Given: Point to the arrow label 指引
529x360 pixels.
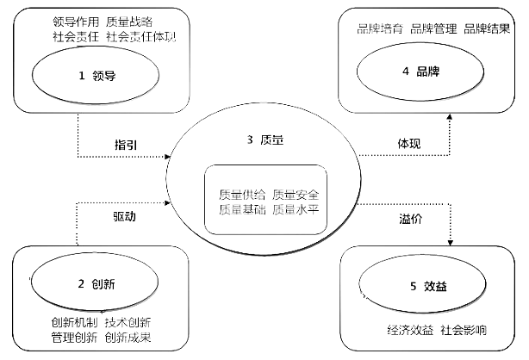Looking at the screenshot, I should [126, 141].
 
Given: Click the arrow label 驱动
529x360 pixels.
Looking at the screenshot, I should [124, 214].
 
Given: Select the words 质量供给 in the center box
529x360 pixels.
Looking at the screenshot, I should [241, 193].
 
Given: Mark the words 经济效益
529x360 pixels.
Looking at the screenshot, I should [410, 331].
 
